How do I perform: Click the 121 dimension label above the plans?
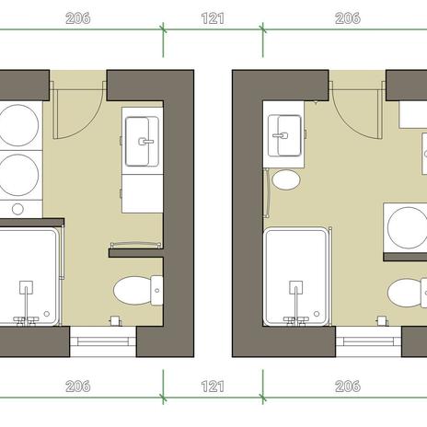(213, 18)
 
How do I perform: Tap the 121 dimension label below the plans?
(213, 387)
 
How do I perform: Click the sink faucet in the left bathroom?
(146, 142)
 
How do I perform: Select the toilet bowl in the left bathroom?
(133, 291)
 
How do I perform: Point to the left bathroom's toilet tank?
(156, 290)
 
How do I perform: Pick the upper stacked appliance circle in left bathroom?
(18, 125)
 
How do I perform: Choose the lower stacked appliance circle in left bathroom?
(18, 175)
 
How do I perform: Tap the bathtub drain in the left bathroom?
(47, 314)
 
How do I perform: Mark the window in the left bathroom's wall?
(103, 341)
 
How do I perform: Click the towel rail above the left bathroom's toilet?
(135, 244)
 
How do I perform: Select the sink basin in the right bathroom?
(284, 135)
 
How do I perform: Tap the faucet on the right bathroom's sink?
(281, 135)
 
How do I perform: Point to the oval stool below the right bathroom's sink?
(286, 180)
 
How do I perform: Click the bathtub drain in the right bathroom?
(317, 314)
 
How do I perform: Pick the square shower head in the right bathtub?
(295, 287)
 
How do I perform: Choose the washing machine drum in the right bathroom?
(408, 227)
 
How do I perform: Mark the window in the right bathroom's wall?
(369, 341)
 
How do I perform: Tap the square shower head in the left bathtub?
(27, 287)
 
